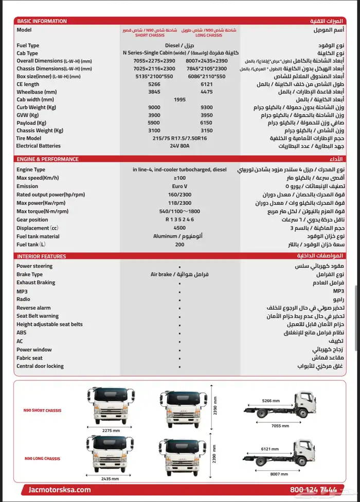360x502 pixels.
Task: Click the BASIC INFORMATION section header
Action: [x=42, y=21]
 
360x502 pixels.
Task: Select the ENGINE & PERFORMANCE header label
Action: [x=48, y=159]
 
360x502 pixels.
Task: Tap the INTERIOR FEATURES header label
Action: [x=42, y=256]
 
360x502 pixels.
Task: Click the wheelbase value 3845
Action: [x=154, y=92]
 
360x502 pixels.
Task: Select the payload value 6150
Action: [x=207, y=123]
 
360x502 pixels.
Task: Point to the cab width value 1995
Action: [x=180, y=100]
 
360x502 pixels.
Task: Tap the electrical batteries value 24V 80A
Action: [x=179, y=146]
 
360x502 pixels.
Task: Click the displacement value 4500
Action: [x=179, y=228]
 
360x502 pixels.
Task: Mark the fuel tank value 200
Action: [x=179, y=245]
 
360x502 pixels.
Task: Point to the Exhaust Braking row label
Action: [x=35, y=283]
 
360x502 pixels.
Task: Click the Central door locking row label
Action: [x=40, y=366]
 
